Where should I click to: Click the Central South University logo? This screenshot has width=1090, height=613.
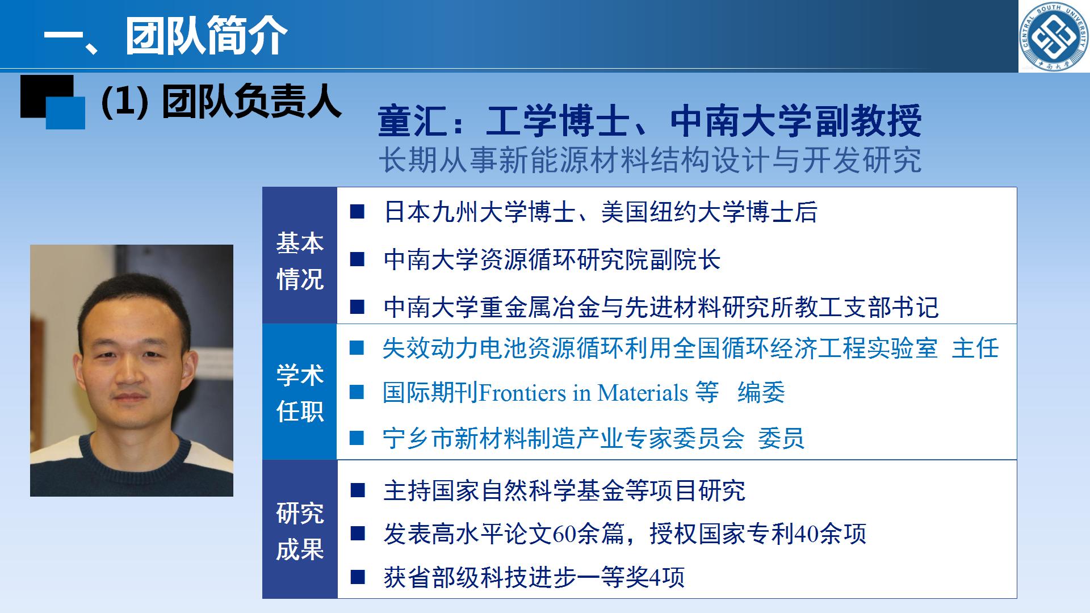coord(1054,36)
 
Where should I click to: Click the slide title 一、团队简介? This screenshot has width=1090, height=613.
coord(166,36)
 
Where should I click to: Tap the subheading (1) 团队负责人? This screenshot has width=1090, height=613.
coord(221,102)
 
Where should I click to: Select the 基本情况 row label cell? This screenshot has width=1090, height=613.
coord(300,256)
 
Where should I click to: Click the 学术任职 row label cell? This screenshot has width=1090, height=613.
coord(300,392)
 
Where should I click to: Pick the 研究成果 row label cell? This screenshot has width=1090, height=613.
coord(300,530)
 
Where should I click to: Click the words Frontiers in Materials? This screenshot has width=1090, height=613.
coord(584,393)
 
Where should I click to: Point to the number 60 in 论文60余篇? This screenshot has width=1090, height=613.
coord(564,534)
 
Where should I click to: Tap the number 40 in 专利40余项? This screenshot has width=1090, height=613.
coord(807,534)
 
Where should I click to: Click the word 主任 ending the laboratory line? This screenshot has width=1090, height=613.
coord(975,348)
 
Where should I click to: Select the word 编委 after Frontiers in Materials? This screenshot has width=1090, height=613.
coord(761,393)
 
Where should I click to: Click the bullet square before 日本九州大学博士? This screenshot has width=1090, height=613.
coord(357,212)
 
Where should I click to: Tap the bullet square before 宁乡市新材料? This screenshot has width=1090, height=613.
coord(357,438)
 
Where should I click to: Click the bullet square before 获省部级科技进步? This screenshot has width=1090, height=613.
coord(358,577)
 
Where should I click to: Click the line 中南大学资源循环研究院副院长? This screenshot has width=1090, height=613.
coord(552,260)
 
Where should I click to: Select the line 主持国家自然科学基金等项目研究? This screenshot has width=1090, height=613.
coord(564,490)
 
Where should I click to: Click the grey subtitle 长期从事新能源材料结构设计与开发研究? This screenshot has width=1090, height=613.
coord(650,159)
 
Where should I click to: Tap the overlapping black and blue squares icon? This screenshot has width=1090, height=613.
coord(53,102)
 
